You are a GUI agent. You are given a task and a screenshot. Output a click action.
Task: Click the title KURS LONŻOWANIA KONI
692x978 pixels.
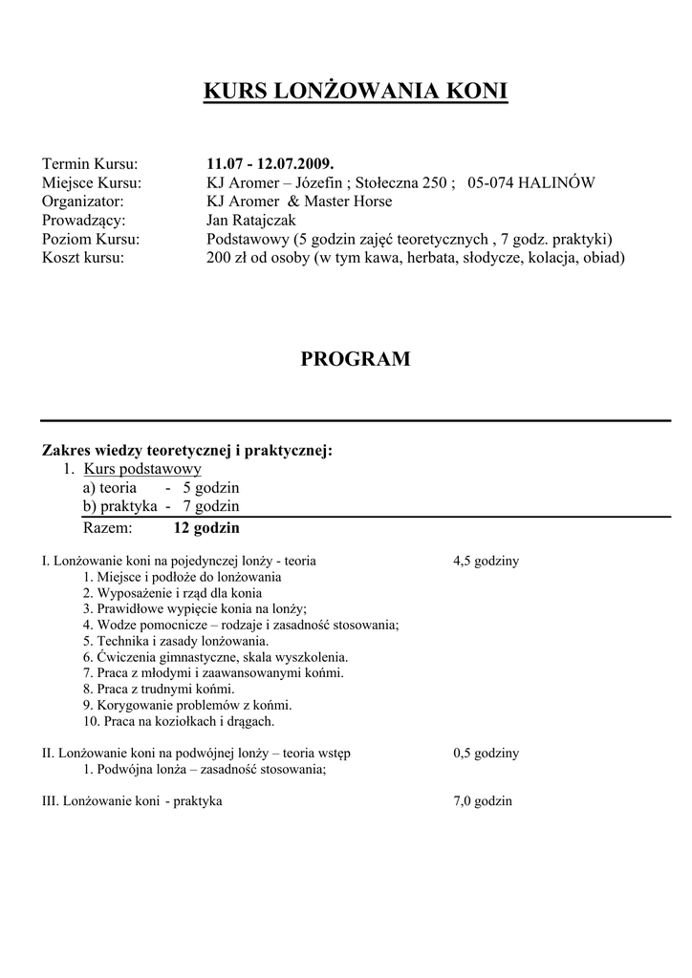(x=356, y=92)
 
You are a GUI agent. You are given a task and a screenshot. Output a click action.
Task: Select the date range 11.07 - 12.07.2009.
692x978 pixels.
(x=270, y=164)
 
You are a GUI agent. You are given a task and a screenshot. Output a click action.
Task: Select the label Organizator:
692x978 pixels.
(x=83, y=202)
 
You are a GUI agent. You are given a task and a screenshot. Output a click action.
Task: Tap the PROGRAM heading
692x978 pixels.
(x=356, y=359)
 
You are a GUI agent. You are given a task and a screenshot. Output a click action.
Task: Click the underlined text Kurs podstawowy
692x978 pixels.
(x=142, y=469)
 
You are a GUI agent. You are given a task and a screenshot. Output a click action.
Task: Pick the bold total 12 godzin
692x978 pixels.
(x=206, y=527)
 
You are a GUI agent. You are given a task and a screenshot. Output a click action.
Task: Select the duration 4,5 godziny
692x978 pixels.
(x=486, y=561)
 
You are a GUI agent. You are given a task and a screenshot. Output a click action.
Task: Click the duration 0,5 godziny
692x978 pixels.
(x=486, y=753)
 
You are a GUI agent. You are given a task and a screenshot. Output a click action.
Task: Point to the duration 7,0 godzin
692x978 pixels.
(x=483, y=801)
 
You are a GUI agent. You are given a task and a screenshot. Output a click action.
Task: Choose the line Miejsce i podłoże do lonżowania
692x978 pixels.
(x=182, y=577)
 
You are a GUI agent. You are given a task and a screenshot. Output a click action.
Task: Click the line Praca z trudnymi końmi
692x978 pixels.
(x=159, y=689)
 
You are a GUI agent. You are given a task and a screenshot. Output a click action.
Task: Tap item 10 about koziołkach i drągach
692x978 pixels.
(x=179, y=721)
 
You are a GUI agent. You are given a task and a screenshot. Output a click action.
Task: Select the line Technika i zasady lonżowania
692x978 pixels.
(x=176, y=641)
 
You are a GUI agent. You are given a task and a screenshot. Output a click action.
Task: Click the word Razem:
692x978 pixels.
(x=109, y=527)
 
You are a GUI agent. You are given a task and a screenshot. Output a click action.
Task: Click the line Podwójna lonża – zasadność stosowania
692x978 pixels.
(x=205, y=769)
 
